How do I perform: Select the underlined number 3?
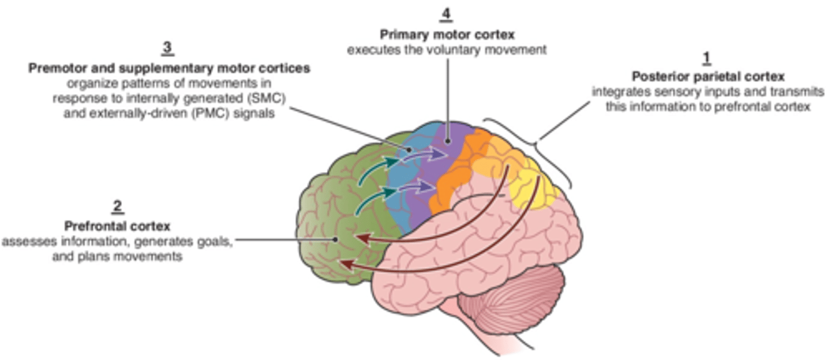[x=167, y=48]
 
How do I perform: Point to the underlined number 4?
[x=446, y=13]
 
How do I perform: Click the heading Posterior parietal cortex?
[x=708, y=77]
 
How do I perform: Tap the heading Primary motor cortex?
[x=447, y=35]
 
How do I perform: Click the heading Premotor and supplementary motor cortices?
[x=169, y=68]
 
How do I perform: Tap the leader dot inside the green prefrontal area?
[x=335, y=239]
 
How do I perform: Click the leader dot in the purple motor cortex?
[x=447, y=140]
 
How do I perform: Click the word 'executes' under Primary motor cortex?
[x=367, y=50]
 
